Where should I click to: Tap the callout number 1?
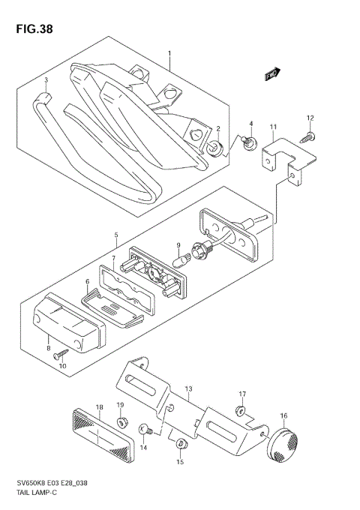point(170,54)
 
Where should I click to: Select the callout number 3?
point(46,80)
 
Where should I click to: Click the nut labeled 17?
point(241,409)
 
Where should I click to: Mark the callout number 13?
point(189,389)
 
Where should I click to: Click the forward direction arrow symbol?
point(272,73)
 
